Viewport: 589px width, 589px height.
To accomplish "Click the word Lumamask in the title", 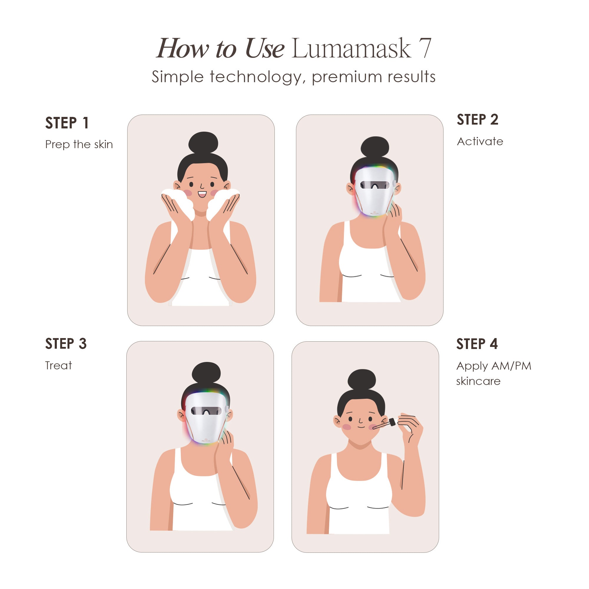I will [x=351, y=49].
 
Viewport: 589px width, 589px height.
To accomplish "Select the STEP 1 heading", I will [x=67, y=123].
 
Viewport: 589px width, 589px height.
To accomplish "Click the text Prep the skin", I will [x=79, y=145].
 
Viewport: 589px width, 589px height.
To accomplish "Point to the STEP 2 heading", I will [x=477, y=120].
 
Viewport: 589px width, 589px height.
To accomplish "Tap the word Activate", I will [x=480, y=141].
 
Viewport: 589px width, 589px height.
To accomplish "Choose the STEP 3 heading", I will [x=66, y=344].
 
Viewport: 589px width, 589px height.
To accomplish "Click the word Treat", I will [x=59, y=365].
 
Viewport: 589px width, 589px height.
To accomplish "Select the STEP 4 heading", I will [x=477, y=344].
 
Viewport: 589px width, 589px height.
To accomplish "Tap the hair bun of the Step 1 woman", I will [x=203, y=143].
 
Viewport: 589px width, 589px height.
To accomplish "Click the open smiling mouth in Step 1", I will [x=202, y=194].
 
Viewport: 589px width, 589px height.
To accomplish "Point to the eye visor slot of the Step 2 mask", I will [x=375, y=185].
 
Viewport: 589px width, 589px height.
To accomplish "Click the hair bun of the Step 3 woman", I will [x=206, y=372].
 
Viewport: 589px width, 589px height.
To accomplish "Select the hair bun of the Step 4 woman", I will [x=362, y=380].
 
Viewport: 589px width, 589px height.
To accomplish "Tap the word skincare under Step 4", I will [x=478, y=381].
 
